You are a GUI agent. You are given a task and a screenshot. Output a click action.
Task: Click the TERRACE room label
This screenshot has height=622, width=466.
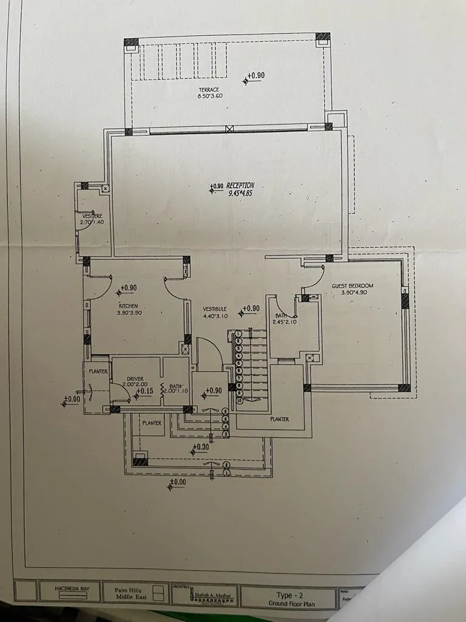(x=208, y=90)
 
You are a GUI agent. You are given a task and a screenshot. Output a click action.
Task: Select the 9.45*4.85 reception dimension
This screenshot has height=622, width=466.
(x=240, y=193)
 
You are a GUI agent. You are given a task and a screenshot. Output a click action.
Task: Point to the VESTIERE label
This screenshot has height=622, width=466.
(x=92, y=216)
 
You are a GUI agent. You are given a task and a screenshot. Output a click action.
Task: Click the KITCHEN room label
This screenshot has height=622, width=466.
(x=129, y=306)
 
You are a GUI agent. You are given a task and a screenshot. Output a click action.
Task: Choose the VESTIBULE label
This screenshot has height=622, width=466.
(x=215, y=309)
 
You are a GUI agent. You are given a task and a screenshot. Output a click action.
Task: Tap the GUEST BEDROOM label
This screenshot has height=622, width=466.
(x=352, y=285)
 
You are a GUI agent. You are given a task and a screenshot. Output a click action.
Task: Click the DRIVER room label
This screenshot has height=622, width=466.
(x=135, y=378)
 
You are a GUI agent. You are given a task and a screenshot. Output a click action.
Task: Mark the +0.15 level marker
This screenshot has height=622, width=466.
(x=144, y=391)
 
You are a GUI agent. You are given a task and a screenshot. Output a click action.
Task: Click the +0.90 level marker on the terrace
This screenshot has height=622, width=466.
(x=255, y=76)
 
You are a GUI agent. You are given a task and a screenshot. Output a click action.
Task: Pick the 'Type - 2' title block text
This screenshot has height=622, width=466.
(x=288, y=595)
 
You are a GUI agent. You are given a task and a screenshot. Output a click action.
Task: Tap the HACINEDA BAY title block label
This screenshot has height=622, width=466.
(x=61, y=589)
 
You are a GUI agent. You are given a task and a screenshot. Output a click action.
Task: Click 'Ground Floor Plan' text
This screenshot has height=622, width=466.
(x=288, y=604)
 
